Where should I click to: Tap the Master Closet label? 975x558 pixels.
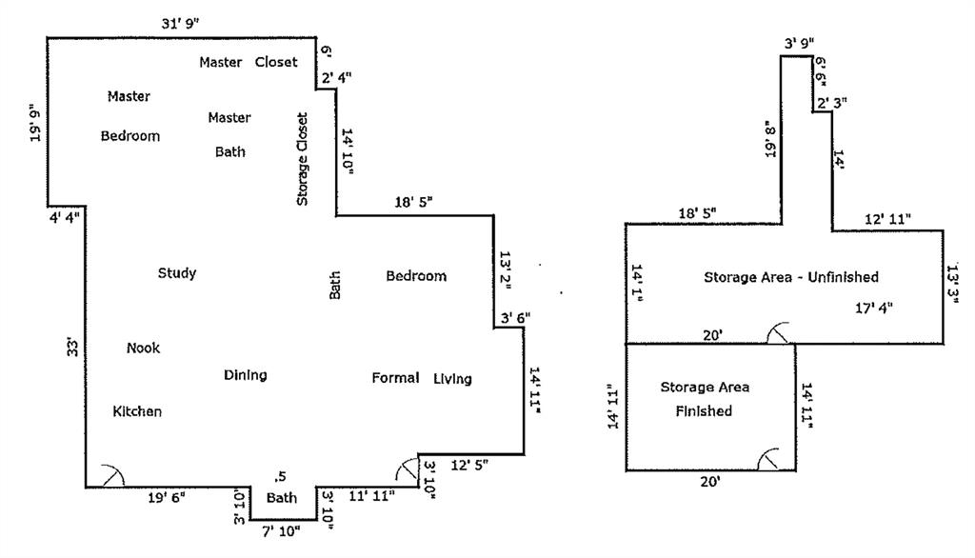click(x=248, y=63)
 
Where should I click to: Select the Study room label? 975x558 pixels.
click(x=177, y=274)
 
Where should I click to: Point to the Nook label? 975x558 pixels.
click(x=143, y=349)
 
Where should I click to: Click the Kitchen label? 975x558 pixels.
click(x=137, y=412)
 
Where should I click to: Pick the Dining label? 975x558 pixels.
click(x=245, y=375)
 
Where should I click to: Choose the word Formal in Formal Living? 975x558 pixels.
click(x=395, y=379)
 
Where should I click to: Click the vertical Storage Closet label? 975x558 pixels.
click(x=303, y=159)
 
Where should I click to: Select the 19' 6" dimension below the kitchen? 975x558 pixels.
click(x=167, y=497)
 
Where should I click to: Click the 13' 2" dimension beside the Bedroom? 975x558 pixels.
click(x=506, y=270)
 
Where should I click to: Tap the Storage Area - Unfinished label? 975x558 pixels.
click(x=790, y=277)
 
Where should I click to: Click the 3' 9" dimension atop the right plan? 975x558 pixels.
click(x=799, y=44)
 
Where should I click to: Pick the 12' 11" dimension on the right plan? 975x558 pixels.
click(x=887, y=220)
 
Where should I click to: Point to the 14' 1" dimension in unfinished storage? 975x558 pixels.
click(x=637, y=285)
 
